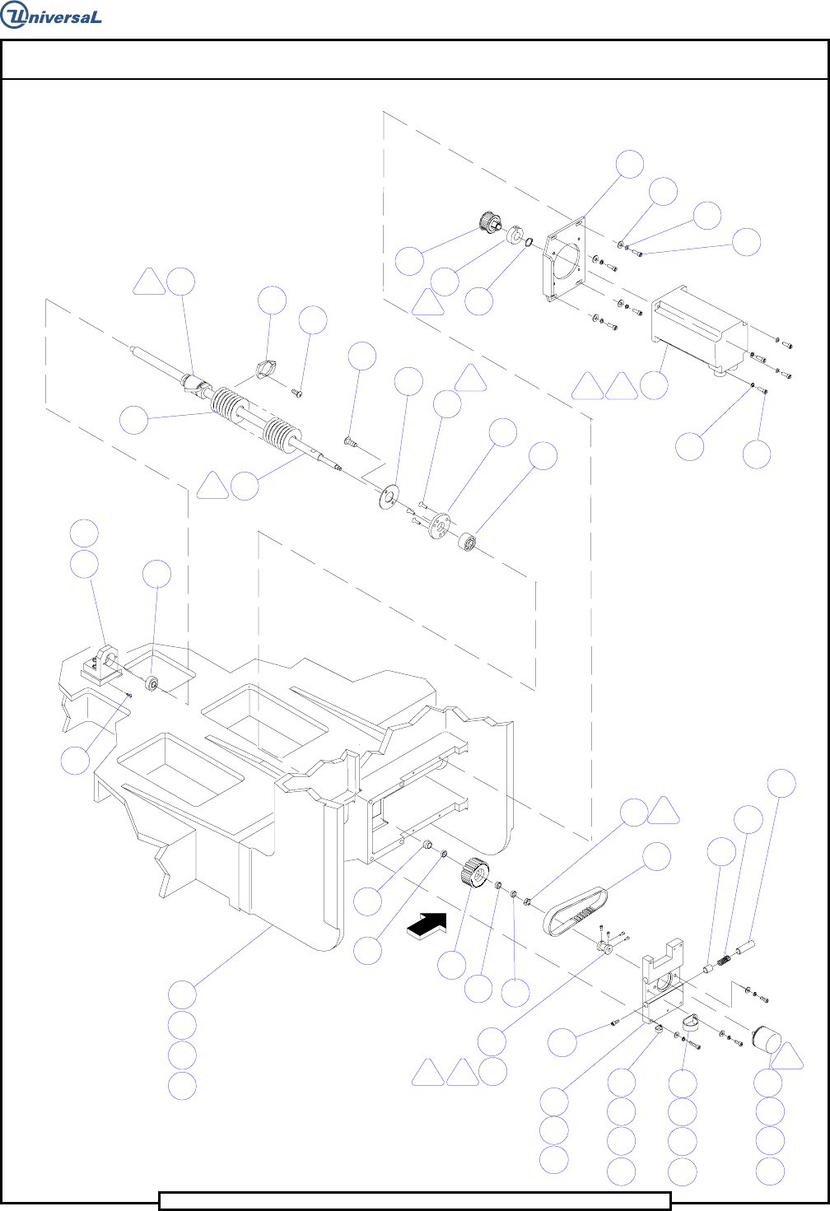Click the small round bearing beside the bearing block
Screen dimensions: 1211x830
[x=152, y=684]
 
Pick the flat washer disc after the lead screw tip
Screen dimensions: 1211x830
[x=385, y=496]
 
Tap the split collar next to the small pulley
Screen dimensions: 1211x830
[x=515, y=234]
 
